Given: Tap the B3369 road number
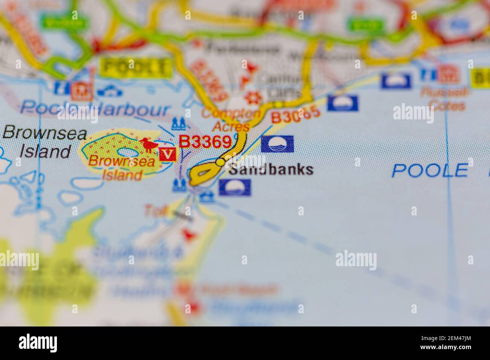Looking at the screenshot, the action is (x=205, y=142).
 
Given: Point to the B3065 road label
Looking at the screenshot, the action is (x=296, y=114).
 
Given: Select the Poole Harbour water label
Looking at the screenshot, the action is (x=95, y=109).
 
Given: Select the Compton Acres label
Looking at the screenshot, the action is (x=231, y=119).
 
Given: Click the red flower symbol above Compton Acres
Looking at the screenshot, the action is (x=253, y=98).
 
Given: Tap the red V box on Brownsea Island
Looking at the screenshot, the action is (x=168, y=154).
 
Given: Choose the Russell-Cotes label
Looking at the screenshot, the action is (x=444, y=99).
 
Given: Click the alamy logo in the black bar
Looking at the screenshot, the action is (x=38, y=343).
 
